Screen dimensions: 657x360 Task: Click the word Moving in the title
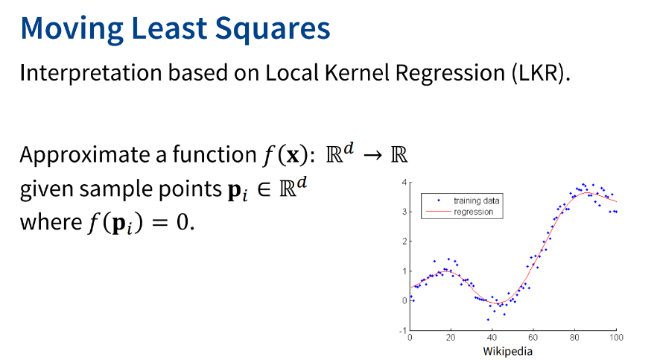click(x=72, y=29)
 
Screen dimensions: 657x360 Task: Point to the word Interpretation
click(x=91, y=73)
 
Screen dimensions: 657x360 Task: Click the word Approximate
click(x=85, y=154)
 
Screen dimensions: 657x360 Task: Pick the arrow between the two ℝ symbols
click(x=372, y=156)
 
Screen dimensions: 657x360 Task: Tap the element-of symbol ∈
click(x=264, y=189)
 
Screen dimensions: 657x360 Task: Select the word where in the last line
click(x=51, y=221)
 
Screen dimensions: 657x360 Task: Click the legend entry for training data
click(x=468, y=200)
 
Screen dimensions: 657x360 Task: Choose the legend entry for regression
click(x=460, y=212)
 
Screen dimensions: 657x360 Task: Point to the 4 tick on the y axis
click(x=404, y=183)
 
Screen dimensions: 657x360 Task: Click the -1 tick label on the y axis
click(x=403, y=330)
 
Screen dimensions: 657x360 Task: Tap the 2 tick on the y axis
click(x=404, y=241)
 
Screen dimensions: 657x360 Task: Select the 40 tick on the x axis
click(x=492, y=338)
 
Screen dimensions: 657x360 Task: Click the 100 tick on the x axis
click(x=616, y=338)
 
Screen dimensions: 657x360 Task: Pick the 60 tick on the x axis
click(x=533, y=338)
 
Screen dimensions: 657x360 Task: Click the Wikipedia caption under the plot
click(x=507, y=351)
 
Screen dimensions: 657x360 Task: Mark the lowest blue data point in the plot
click(x=488, y=320)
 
